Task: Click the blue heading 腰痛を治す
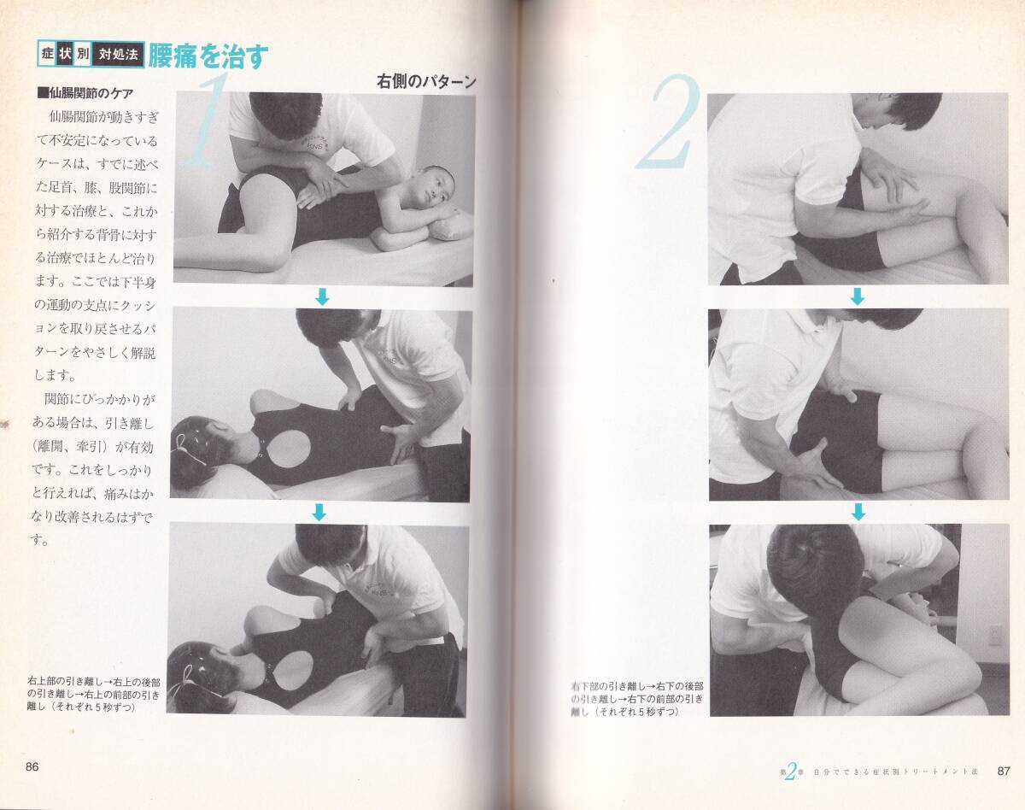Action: pyautogui.click(x=208, y=56)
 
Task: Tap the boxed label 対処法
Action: pyautogui.click(x=118, y=54)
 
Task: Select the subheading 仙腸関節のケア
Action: pyautogui.click(x=85, y=93)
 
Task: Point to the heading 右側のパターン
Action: pyautogui.click(x=426, y=81)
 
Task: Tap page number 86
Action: pyautogui.click(x=32, y=766)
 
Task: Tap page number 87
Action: pyautogui.click(x=1004, y=771)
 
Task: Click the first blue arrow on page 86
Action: pyautogui.click(x=323, y=296)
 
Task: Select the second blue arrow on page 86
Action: pyautogui.click(x=319, y=512)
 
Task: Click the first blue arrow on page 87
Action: pyautogui.click(x=858, y=296)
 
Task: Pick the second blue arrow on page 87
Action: pyautogui.click(x=858, y=512)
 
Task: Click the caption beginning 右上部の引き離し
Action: pyautogui.click(x=94, y=694)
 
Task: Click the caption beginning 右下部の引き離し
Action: pyautogui.click(x=637, y=699)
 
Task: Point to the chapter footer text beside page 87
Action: pyautogui.click(x=879, y=772)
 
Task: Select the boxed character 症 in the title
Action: pyautogui.click(x=48, y=54)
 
